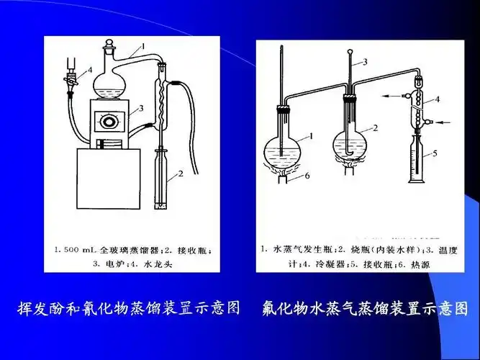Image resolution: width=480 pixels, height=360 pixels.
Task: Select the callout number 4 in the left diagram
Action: pyautogui.click(x=91, y=69)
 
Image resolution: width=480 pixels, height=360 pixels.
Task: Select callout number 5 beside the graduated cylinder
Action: pyautogui.click(x=435, y=153)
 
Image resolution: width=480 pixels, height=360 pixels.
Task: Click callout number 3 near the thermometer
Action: pyautogui.click(x=365, y=62)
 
